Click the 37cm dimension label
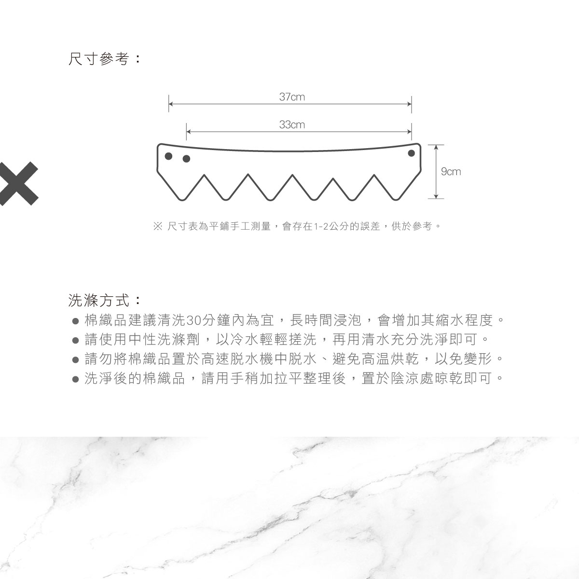pyautogui.click(x=292, y=97)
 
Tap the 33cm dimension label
pyautogui.click(x=292, y=124)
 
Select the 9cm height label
pyautogui.click(x=451, y=172)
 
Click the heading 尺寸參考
pyautogui.click(x=99, y=58)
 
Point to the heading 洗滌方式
pyautogui.click(x=99, y=300)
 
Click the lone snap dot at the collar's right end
pyautogui.click(x=412, y=153)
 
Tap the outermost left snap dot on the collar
pyautogui.click(x=168, y=156)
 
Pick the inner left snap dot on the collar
pyautogui.click(x=186, y=159)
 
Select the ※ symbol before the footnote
pyautogui.click(x=158, y=226)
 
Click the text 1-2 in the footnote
pyautogui.click(x=321, y=227)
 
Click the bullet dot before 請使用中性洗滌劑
pyautogui.click(x=75, y=341)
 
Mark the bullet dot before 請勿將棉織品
pyautogui.click(x=75, y=360)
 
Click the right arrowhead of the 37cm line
pyautogui.click(x=409, y=104)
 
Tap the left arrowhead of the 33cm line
pyautogui.click(x=189, y=132)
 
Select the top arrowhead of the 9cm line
pyautogui.click(x=436, y=147)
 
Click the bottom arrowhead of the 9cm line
pyautogui.click(x=436, y=196)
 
